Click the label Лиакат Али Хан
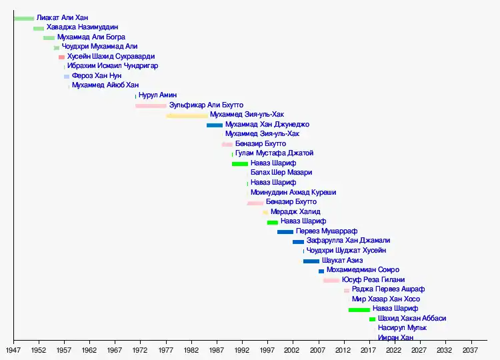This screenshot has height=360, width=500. [x=62, y=18]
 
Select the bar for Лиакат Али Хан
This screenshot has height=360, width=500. [x=23, y=18]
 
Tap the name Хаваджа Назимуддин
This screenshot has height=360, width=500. [x=82, y=28]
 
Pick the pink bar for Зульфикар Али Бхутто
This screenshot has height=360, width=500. [x=151, y=105]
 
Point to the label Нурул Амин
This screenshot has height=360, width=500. [x=157, y=95]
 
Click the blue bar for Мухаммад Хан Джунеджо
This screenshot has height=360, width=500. [x=215, y=125]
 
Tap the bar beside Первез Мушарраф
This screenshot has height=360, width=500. [x=285, y=231]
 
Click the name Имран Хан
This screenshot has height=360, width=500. [x=395, y=338]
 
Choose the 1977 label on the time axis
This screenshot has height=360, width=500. [x=166, y=349]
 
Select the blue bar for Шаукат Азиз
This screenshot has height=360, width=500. [x=311, y=261]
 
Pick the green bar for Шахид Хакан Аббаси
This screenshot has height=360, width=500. [x=372, y=319]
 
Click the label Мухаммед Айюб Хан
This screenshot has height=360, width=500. [x=105, y=85]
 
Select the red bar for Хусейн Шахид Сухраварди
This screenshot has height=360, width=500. [x=61, y=57]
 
